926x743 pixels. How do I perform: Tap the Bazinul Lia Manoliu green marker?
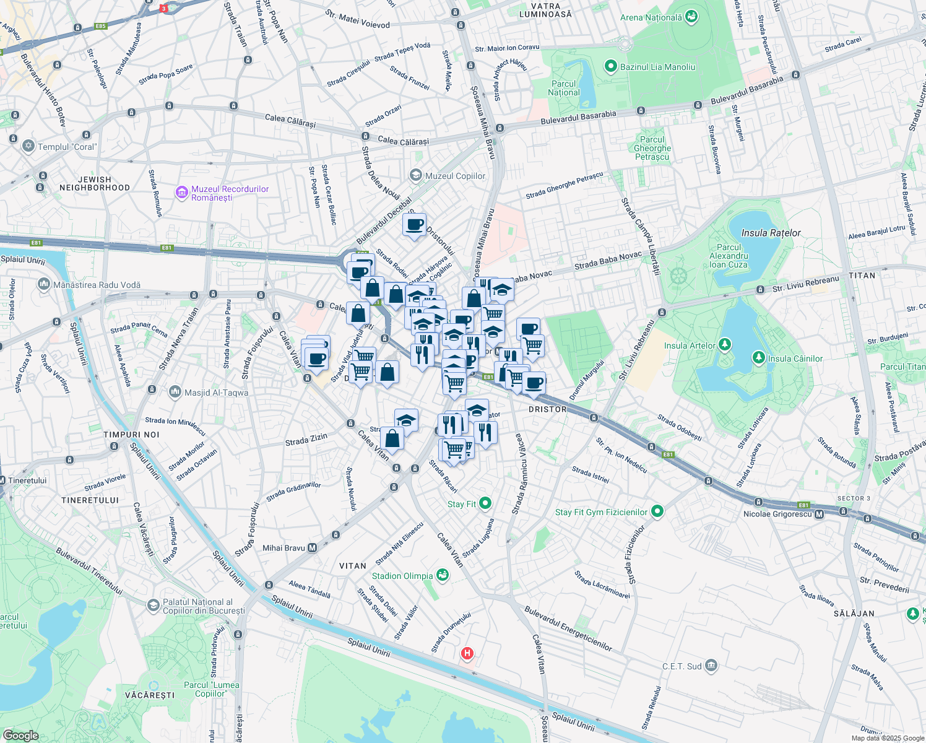611,67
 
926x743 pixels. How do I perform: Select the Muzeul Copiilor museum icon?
416,176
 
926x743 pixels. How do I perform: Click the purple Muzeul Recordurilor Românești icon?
182,193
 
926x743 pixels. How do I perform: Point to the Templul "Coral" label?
67,147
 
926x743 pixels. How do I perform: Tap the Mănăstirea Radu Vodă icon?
44,285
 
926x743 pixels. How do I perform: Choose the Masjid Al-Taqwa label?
216,393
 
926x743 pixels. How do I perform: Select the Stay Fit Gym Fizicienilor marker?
657,511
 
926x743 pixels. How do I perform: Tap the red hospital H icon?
467,653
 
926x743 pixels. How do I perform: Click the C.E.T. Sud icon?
711,666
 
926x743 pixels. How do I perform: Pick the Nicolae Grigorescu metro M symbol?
820,514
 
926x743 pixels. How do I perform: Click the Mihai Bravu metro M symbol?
312,547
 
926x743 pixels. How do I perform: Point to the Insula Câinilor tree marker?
758,358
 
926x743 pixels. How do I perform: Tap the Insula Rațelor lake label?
771,233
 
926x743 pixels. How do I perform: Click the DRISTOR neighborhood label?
547,409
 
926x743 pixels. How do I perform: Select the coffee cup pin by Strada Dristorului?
414,225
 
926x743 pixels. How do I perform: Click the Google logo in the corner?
20,735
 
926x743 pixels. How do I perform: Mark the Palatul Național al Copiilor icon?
154,605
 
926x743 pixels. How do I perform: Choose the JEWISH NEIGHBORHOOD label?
95,183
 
